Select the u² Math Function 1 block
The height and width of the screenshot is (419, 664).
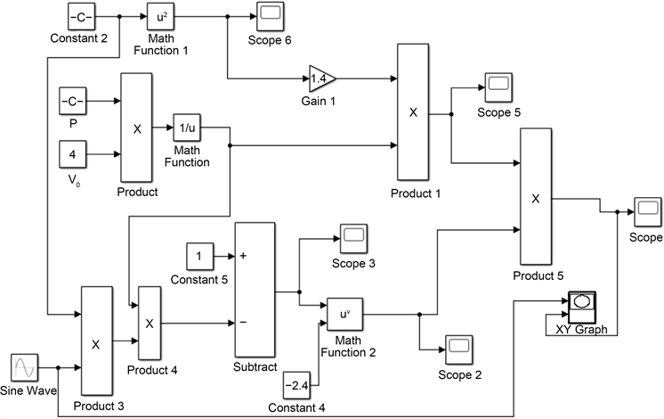pyautogui.click(x=161, y=15)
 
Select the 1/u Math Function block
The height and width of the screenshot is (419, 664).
pyautogui.click(x=187, y=127)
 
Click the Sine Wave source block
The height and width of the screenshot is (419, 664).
pyautogui.click(x=24, y=367)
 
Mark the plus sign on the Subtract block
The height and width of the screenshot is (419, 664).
pyautogui.click(x=243, y=256)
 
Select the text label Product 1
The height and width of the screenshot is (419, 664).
pyautogui.click(x=415, y=193)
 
